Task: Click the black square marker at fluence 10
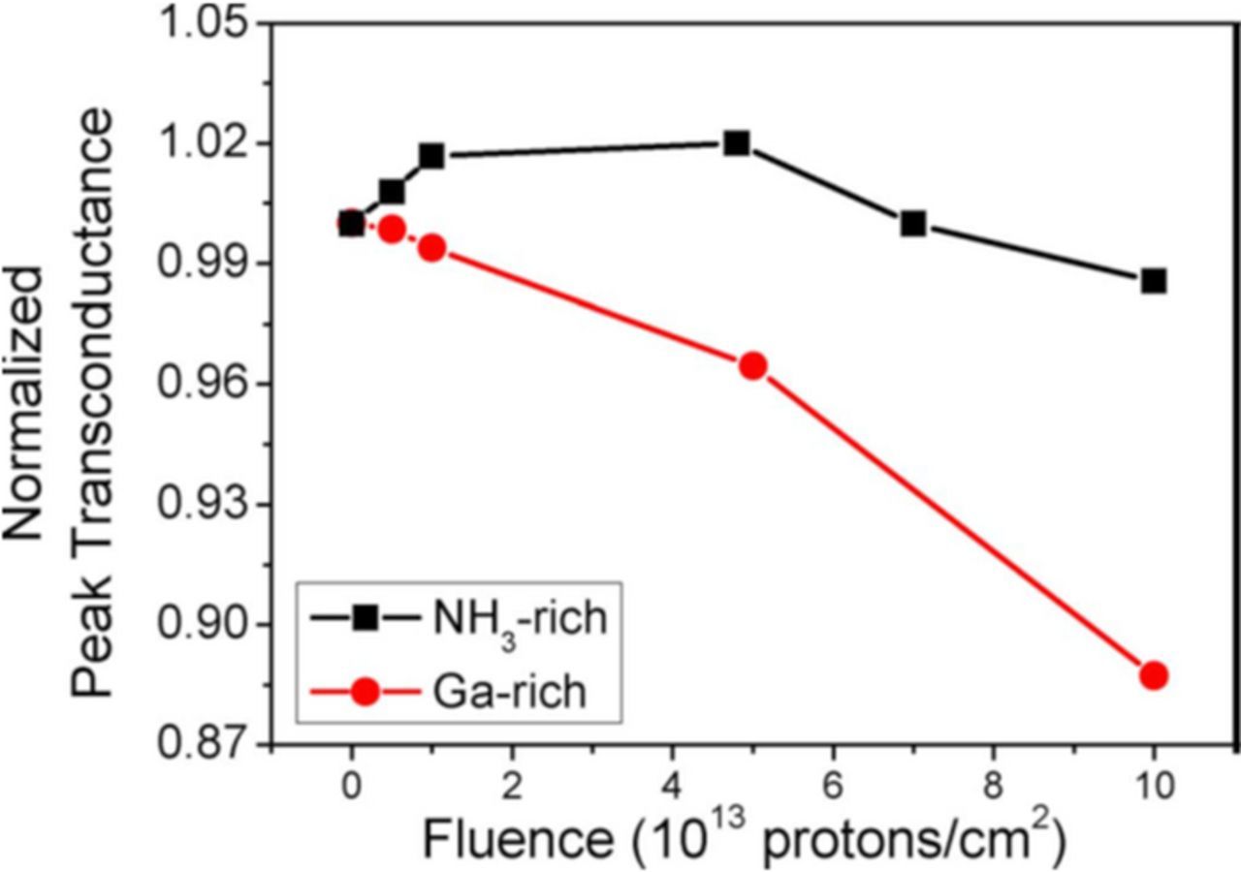coord(1153,281)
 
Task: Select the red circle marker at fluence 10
coord(1153,675)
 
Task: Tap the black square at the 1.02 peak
coord(737,143)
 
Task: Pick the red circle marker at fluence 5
coord(752,365)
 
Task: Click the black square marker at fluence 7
coord(912,224)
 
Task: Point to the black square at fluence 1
coord(431,156)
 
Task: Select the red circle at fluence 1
coord(431,248)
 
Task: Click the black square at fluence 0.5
coord(392,192)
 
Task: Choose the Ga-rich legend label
coord(504,693)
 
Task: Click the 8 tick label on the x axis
coord(993,783)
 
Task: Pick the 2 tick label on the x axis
coord(512,783)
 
